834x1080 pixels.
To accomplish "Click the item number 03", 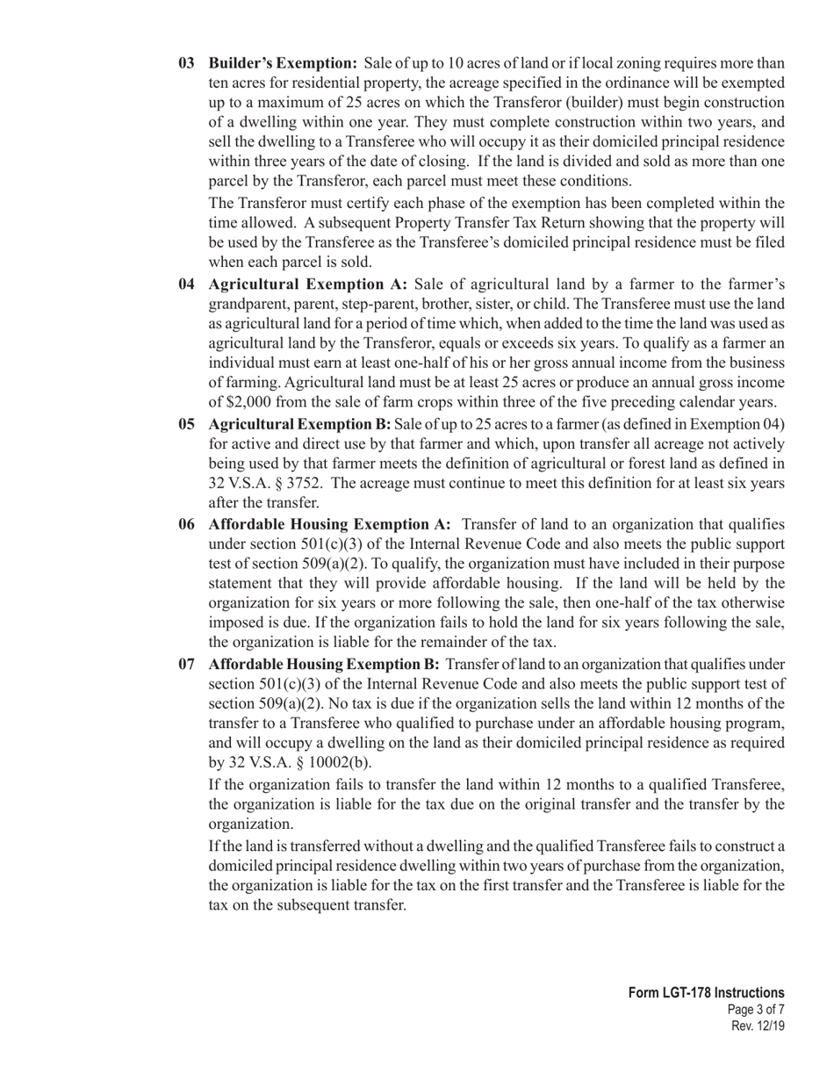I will click(x=187, y=63).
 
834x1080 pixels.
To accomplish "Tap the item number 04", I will click(x=187, y=284).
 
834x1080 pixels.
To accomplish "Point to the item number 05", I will click(x=187, y=425).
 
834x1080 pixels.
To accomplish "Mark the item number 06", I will click(x=187, y=524).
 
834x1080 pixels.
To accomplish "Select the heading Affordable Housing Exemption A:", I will click(x=329, y=524).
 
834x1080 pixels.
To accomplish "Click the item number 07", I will click(x=187, y=664).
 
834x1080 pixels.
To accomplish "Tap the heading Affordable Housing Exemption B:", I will click(x=324, y=664).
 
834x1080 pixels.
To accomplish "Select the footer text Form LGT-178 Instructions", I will click(x=706, y=993).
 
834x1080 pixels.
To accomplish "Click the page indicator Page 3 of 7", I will click(x=756, y=1010).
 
